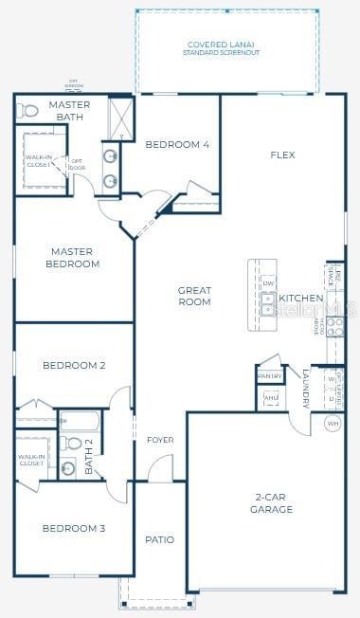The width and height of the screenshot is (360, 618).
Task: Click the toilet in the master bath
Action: pyautogui.click(x=27, y=111)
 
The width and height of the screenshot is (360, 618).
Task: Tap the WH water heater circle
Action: pyautogui.click(x=333, y=423)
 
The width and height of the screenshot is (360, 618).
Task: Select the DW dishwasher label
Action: pyautogui.click(x=269, y=283)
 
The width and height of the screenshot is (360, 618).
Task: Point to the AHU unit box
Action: pyautogui.click(x=270, y=398)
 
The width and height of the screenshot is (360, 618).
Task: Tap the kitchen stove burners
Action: pyautogui.click(x=335, y=325)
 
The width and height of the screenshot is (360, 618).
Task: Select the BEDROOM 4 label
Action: pyautogui.click(x=177, y=145)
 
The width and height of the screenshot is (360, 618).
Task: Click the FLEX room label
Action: pyautogui.click(x=282, y=154)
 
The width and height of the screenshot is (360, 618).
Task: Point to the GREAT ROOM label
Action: pyautogui.click(x=194, y=296)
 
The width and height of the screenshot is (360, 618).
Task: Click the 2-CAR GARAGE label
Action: pyautogui.click(x=273, y=503)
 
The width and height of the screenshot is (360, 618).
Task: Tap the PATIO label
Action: pyautogui.click(x=159, y=539)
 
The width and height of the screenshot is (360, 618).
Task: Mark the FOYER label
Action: pyautogui.click(x=160, y=440)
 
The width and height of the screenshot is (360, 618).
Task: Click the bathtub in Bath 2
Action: pyautogui.click(x=82, y=420)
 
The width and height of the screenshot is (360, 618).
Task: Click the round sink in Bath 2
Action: pyautogui.click(x=68, y=466)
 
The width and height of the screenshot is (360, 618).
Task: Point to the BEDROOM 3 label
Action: pyautogui.click(x=73, y=528)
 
